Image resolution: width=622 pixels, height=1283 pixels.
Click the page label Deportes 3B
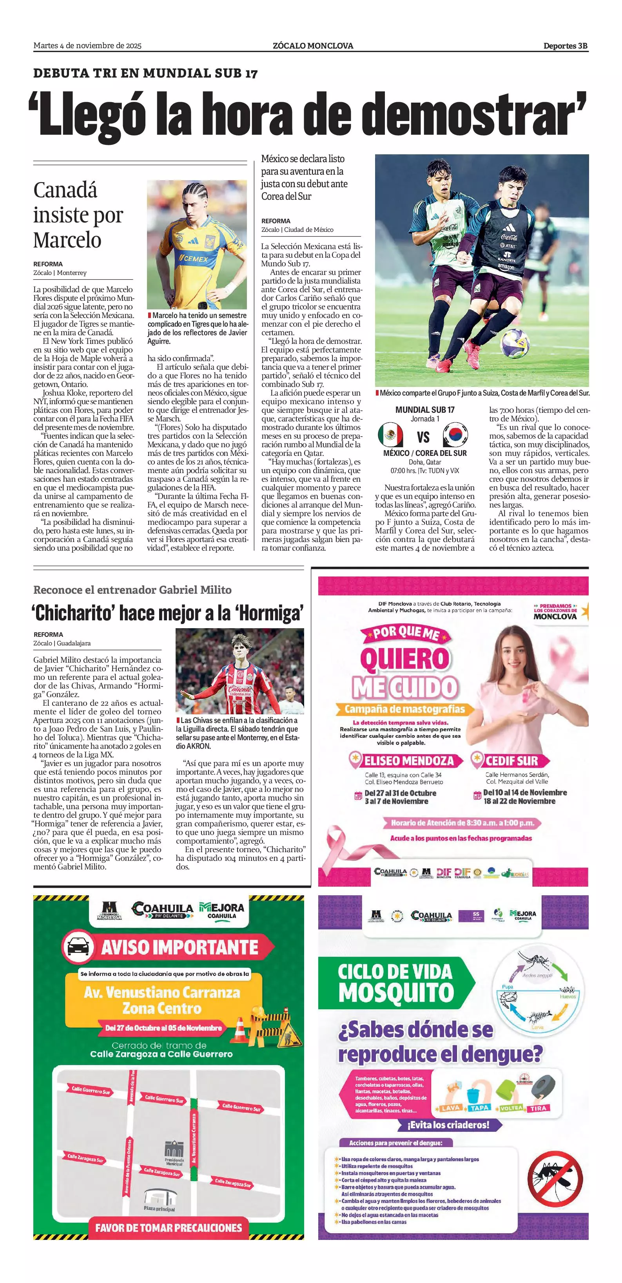565,46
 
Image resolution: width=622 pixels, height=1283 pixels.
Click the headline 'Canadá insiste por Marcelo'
78,215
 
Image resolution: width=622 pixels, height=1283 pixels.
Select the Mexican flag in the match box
390,434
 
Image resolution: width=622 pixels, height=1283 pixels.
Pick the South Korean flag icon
455,434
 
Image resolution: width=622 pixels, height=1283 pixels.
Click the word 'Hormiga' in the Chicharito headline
270,613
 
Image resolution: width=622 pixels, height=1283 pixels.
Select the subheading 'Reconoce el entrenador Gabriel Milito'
132,590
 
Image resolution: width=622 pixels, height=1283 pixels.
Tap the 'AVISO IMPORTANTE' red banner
180,947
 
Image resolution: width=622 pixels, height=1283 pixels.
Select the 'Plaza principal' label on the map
160,1209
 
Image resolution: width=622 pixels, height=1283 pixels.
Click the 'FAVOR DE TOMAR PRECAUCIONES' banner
169,1228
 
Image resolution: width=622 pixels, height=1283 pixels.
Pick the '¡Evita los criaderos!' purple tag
448,1125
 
